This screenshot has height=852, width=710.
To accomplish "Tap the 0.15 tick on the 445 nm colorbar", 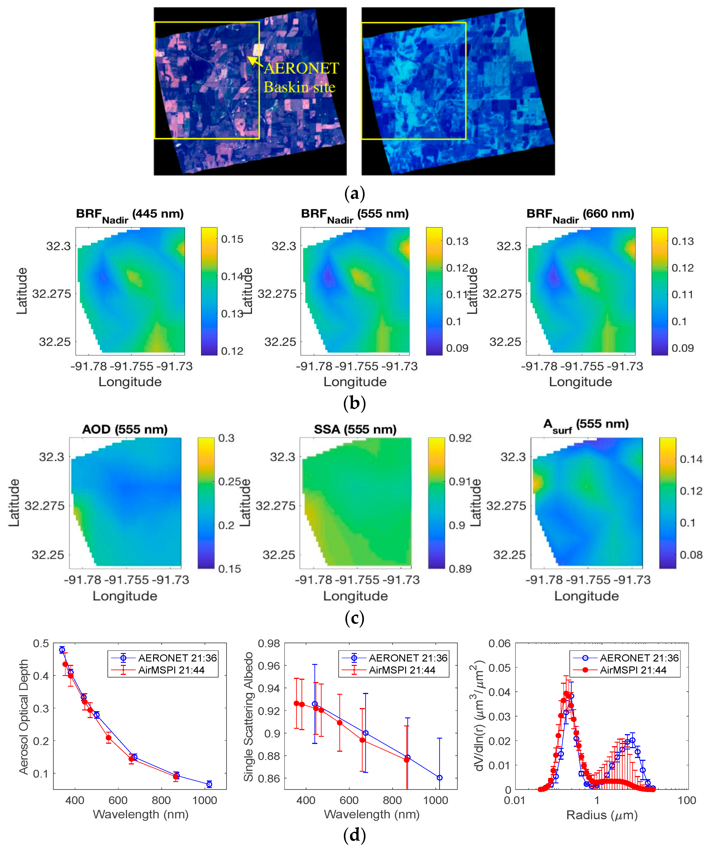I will (232, 239).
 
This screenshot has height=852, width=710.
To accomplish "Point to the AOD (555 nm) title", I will (125, 429).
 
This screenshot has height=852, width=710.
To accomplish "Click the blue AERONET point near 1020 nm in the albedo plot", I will (439, 778).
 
